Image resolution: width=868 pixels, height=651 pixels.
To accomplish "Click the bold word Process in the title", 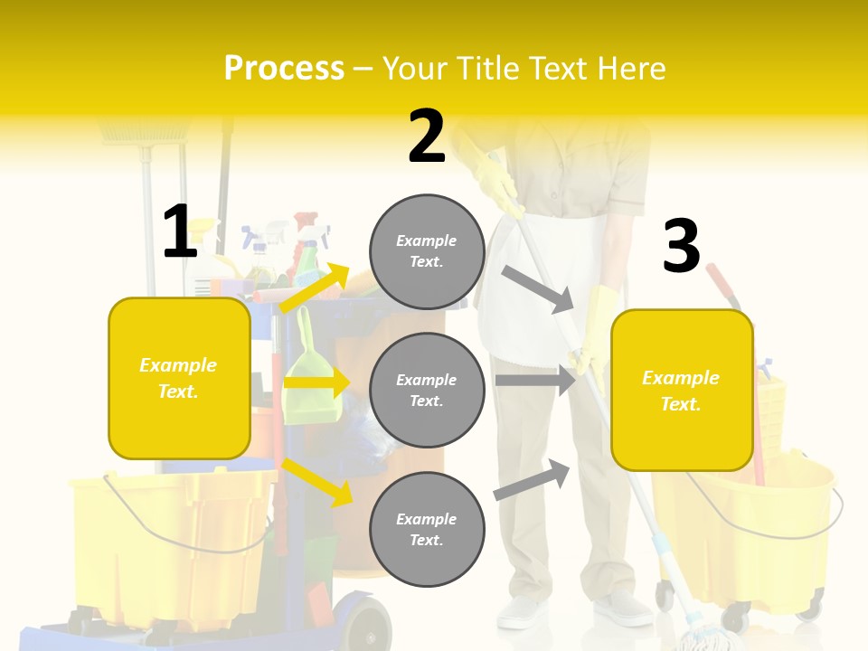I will (284, 68).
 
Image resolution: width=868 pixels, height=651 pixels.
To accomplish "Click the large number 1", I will (180, 231).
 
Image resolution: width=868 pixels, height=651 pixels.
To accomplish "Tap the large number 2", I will (427, 137).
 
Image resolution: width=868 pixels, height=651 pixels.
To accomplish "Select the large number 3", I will (681, 247).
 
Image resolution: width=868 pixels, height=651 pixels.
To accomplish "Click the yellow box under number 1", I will (179, 378).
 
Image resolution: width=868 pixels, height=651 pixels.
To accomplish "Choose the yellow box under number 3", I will (682, 391).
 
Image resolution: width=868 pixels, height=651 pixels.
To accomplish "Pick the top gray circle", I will (427, 251).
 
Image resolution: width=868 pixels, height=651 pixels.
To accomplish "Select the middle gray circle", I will (427, 390).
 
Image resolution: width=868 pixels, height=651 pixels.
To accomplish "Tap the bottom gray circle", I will (427, 529).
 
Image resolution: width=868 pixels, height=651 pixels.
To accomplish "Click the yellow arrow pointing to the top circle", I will (316, 288).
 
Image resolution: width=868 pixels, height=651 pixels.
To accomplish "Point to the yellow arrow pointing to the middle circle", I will (316, 383).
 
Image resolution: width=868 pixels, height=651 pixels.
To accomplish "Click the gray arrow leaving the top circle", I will (538, 288).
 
